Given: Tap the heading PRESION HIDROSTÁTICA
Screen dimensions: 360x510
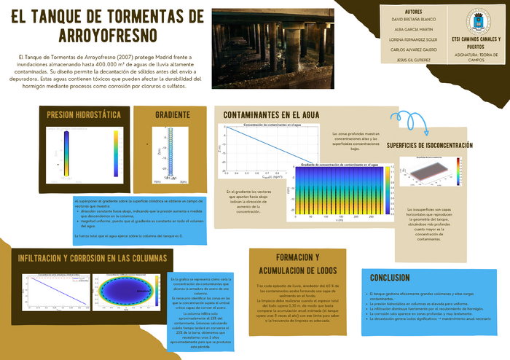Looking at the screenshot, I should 84,115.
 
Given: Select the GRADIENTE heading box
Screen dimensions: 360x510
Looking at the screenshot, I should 173,115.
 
